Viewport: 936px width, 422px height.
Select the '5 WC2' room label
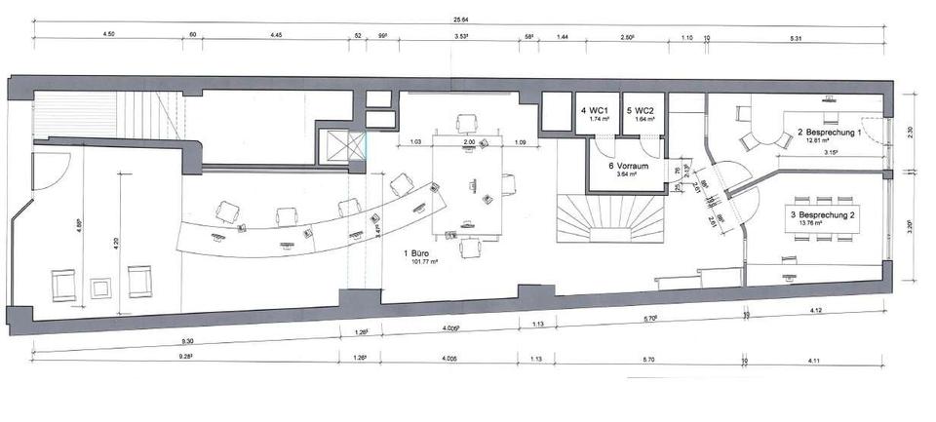pyautogui.click(x=640, y=111)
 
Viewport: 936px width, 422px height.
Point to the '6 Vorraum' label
pyautogui.click(x=624, y=165)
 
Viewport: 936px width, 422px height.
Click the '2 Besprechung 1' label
pyautogui.click(x=829, y=132)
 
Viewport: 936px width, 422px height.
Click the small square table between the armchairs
pyautogui.click(x=100, y=286)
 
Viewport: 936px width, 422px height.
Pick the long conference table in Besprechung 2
pyautogui.click(x=826, y=217)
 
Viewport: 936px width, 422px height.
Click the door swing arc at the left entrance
pyautogui.click(x=49, y=173)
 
